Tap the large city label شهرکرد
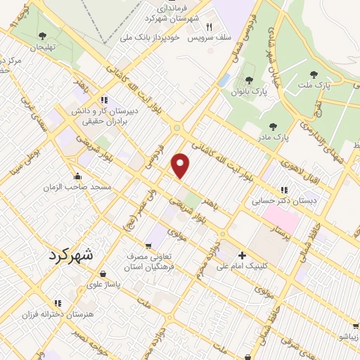tap(70, 255)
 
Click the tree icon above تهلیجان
tap(41, 35)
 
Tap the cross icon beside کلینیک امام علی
tap(243, 256)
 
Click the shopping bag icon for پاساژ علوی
tap(103, 274)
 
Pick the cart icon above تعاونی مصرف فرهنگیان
tap(148, 245)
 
